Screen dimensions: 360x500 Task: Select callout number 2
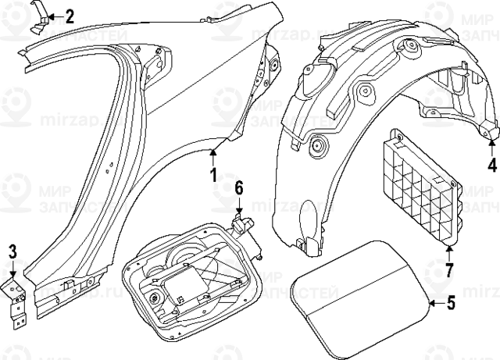coord(69,15)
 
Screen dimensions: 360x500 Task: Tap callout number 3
coord(12,251)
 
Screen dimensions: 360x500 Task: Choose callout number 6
coord(239,187)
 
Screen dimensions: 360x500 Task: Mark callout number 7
coord(449,270)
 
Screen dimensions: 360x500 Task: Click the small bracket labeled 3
coord(17,301)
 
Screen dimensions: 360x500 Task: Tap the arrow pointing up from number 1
coord(212,154)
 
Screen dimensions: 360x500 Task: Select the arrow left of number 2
coord(53,15)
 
